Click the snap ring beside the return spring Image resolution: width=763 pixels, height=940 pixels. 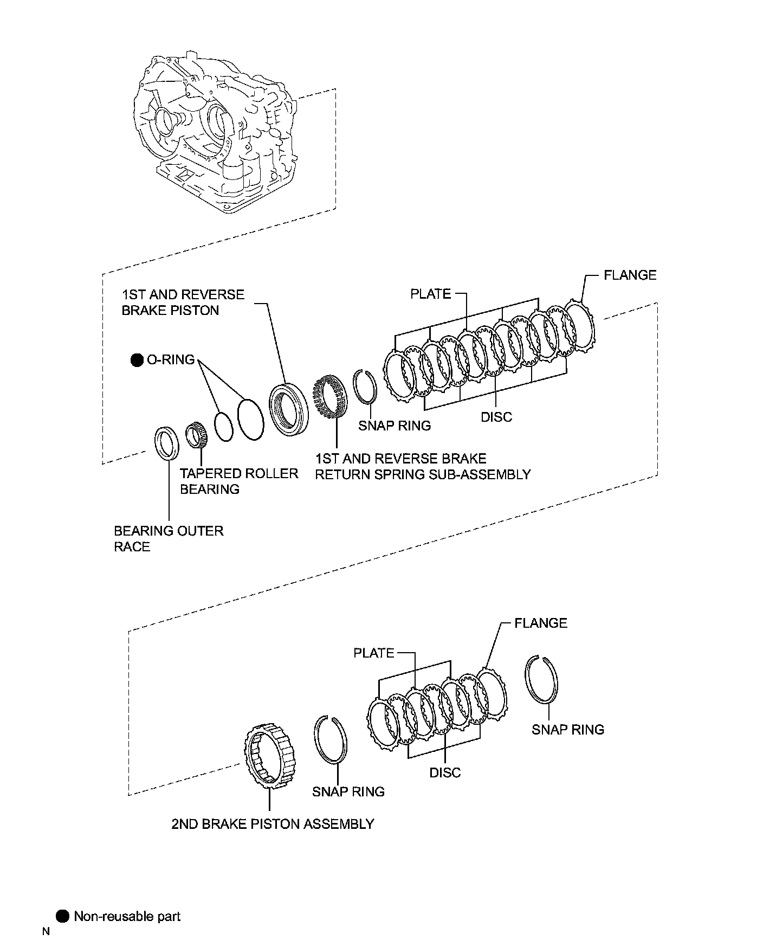click(x=364, y=385)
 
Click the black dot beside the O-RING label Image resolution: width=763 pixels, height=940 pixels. click(x=137, y=359)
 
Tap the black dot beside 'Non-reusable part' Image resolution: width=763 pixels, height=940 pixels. click(x=63, y=916)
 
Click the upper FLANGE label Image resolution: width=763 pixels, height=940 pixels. click(x=630, y=275)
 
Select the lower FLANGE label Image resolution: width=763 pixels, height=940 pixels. click(x=540, y=623)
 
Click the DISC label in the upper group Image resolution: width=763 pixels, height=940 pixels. click(x=496, y=416)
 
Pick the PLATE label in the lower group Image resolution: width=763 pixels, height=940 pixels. click(x=373, y=653)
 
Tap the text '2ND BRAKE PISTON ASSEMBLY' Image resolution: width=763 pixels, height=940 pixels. click(x=273, y=824)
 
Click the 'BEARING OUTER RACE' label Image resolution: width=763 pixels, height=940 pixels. click(x=169, y=538)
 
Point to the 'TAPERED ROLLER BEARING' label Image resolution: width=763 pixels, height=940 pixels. click(x=239, y=481)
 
